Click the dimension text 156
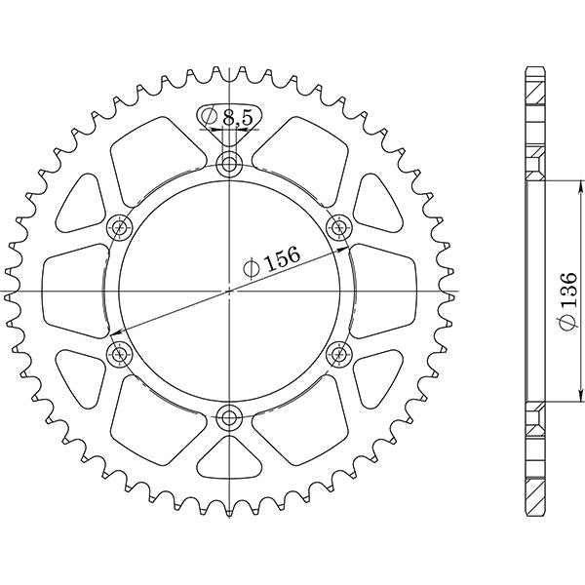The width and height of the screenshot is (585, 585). pyautogui.click(x=281, y=256)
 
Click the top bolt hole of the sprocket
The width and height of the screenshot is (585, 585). pyautogui.click(x=229, y=163)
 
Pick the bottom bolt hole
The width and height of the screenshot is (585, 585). pyautogui.click(x=229, y=419)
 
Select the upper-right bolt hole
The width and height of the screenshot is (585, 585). pyautogui.click(x=340, y=228)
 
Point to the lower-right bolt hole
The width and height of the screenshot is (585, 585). pyautogui.click(x=340, y=354)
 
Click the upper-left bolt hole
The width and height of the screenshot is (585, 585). pyautogui.click(x=119, y=228)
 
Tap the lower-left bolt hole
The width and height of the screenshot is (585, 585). pyautogui.click(x=119, y=353)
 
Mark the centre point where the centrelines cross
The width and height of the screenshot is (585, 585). pyautogui.click(x=229, y=291)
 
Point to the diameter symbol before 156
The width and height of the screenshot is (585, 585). pyautogui.click(x=250, y=266)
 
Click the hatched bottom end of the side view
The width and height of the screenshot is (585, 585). pyautogui.click(x=535, y=478)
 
